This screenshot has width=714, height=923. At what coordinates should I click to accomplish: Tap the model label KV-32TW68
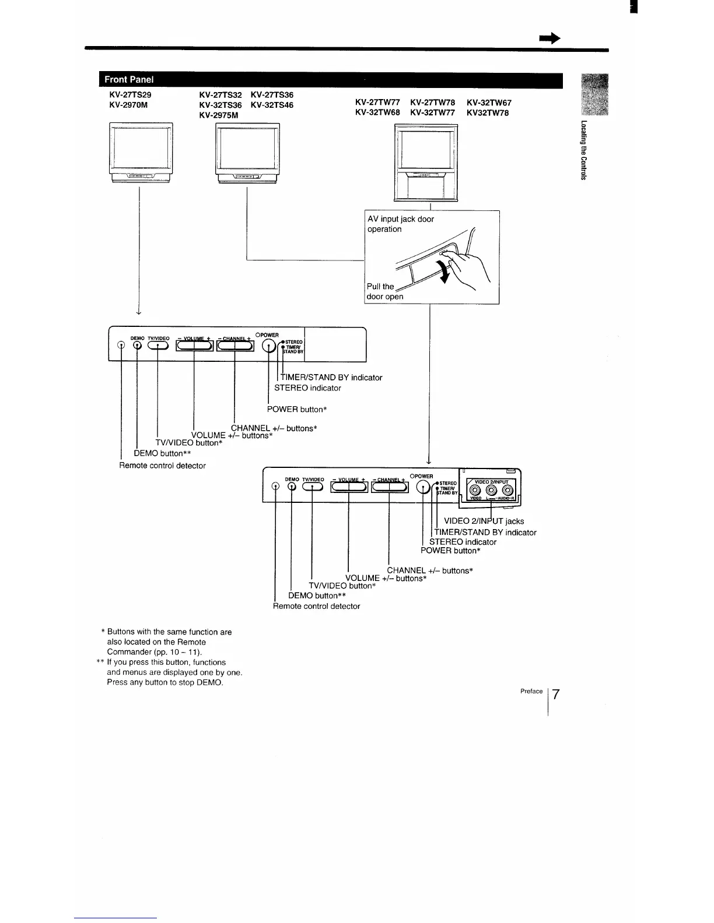377,112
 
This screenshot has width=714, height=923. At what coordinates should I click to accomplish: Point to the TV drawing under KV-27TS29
140,154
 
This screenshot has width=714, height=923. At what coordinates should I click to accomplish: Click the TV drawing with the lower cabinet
426,163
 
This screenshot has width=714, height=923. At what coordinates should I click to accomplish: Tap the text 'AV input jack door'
400,219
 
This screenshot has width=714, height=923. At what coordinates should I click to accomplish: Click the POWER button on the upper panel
268,347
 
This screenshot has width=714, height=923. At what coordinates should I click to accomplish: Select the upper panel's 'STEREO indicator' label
307,388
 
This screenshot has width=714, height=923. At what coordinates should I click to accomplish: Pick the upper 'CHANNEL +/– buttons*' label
274,428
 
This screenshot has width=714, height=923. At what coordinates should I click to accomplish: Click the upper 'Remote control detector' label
162,466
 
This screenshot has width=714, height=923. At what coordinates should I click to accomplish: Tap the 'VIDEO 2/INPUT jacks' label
484,521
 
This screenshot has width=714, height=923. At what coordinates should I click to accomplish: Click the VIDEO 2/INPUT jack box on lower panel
490,489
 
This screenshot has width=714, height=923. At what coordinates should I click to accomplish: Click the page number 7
556,695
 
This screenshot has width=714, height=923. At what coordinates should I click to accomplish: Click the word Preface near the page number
531,691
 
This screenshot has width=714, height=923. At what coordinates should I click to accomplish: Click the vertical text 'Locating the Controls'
582,150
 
